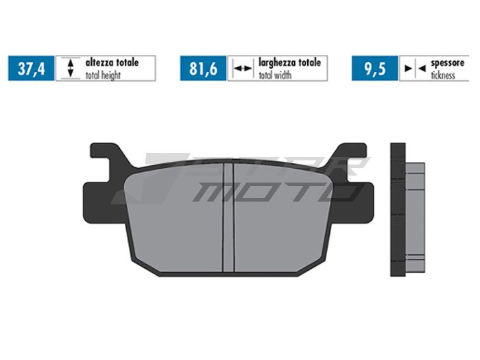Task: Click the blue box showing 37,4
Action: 31,69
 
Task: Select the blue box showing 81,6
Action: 203,69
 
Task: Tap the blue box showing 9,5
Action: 375,69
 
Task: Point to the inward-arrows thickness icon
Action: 414,69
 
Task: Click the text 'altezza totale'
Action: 112,62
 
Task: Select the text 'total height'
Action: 103,75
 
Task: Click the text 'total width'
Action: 274,75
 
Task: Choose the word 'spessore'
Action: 448,62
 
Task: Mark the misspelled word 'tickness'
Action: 444,75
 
